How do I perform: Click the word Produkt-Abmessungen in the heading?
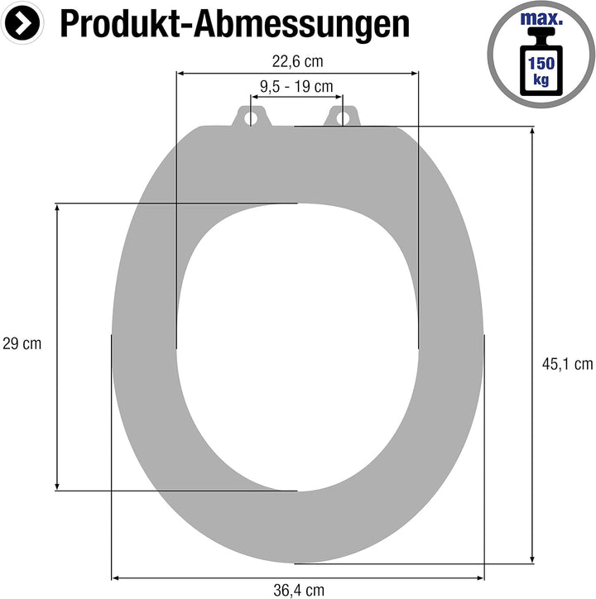point(235,25)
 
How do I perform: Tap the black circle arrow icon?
point(26,24)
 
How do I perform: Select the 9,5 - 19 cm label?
point(296,86)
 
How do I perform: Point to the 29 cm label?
point(22,343)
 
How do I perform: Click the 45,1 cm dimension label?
point(567,362)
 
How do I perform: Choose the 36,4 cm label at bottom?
point(298,590)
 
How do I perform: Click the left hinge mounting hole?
point(250,117)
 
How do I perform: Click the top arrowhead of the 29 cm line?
point(57,207)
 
